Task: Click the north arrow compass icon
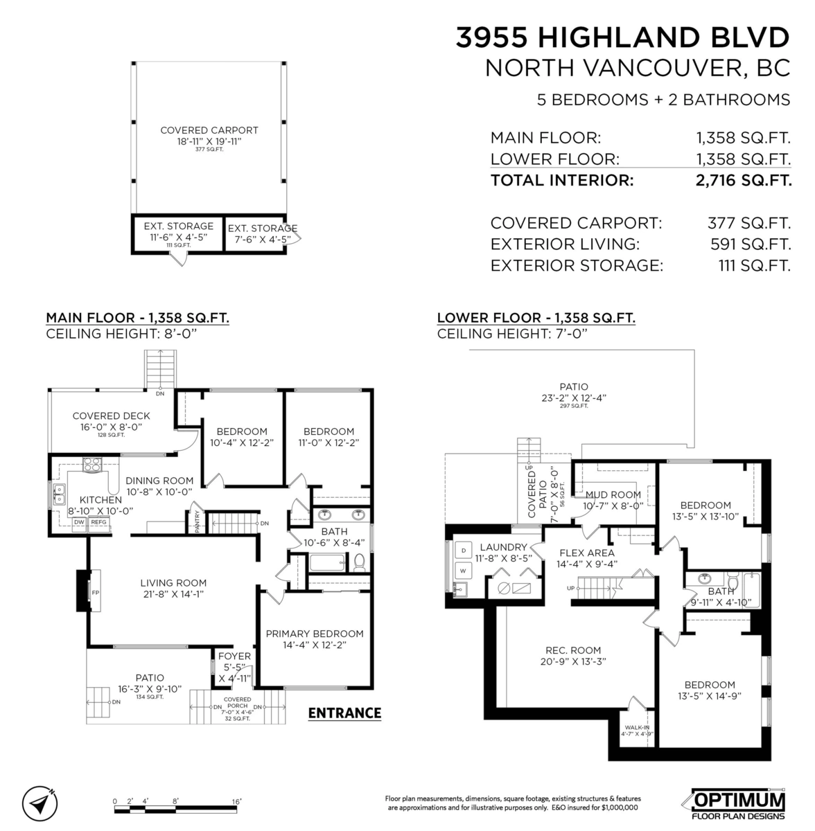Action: coord(40,803)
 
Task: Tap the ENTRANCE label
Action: coord(344,713)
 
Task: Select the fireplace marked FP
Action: coord(94,592)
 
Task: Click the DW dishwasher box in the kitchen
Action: coord(80,522)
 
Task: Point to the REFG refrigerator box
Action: coord(98,522)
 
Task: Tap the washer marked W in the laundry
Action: coord(462,570)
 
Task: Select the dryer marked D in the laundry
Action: coord(462,551)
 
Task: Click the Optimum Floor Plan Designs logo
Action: coord(739,802)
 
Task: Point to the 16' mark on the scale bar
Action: coord(236,801)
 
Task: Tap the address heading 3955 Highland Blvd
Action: coord(622,37)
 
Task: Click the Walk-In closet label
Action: coord(636,730)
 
